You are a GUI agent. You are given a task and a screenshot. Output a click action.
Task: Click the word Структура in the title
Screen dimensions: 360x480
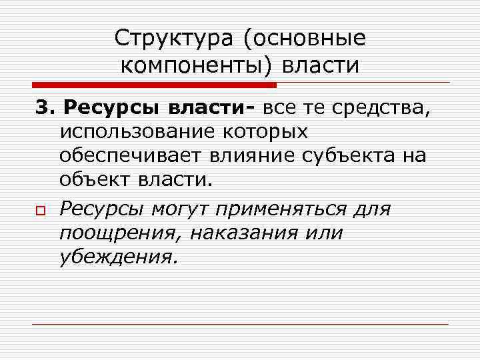[x=174, y=38]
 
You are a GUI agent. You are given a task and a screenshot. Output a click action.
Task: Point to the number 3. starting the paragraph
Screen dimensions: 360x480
[x=45, y=108]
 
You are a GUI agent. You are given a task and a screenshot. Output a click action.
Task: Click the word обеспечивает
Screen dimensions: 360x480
[x=130, y=156]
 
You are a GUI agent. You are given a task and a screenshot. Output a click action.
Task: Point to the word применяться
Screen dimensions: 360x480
[x=280, y=209]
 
